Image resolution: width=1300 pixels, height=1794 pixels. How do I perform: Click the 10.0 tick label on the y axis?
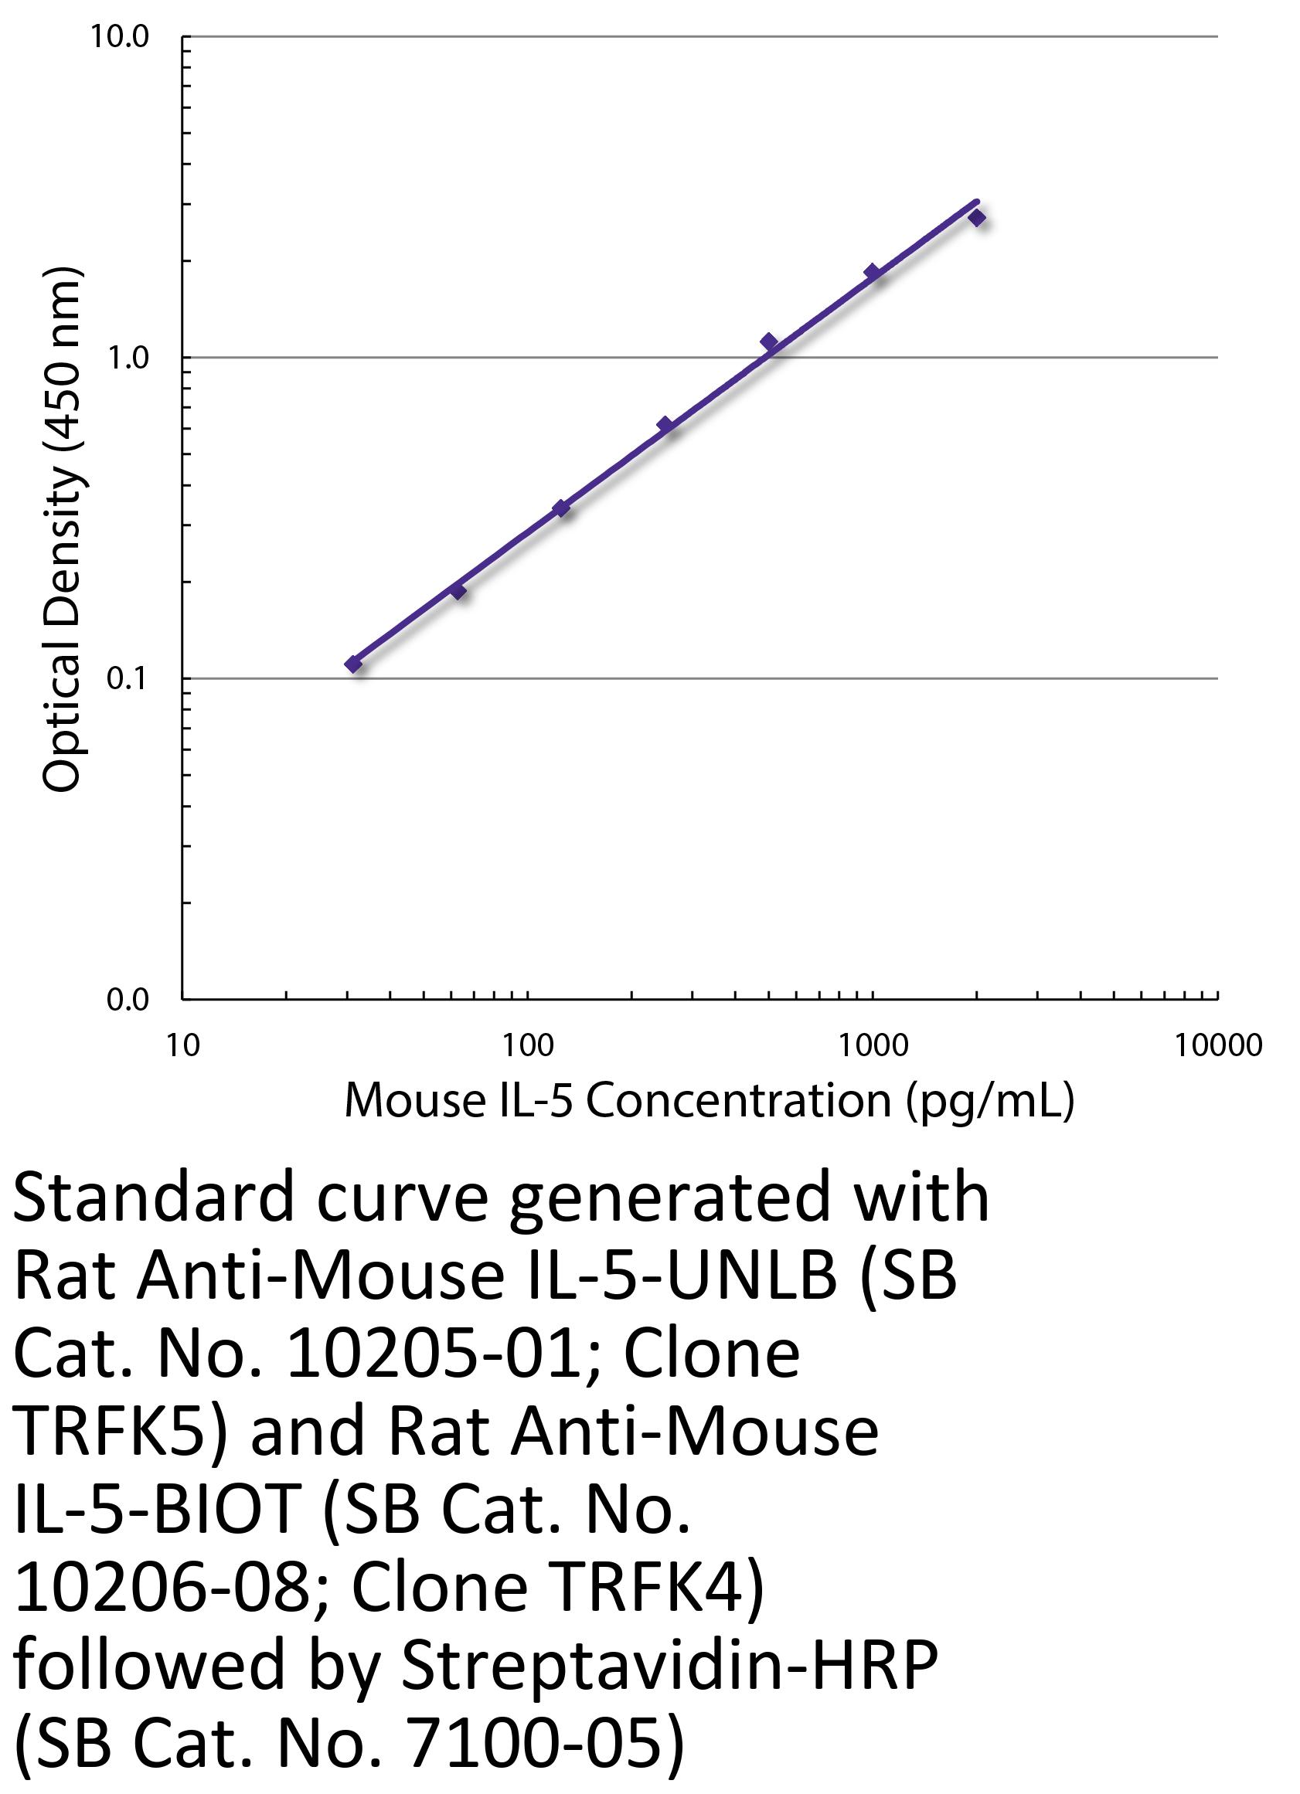point(120,36)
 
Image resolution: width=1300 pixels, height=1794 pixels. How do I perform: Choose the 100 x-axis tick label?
point(528,1045)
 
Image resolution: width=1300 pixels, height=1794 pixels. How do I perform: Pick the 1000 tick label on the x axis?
point(873,1045)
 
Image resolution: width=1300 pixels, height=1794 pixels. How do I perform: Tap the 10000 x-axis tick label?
point(1218,1045)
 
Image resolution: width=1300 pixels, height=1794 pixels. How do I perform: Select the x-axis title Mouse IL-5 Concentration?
point(709,1101)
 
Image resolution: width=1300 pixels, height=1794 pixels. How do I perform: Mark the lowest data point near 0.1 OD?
point(354,664)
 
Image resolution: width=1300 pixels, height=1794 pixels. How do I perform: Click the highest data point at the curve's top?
point(977,218)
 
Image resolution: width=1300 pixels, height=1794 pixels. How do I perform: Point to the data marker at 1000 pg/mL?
point(873,272)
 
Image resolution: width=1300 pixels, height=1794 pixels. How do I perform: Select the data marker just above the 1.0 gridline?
point(768,341)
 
